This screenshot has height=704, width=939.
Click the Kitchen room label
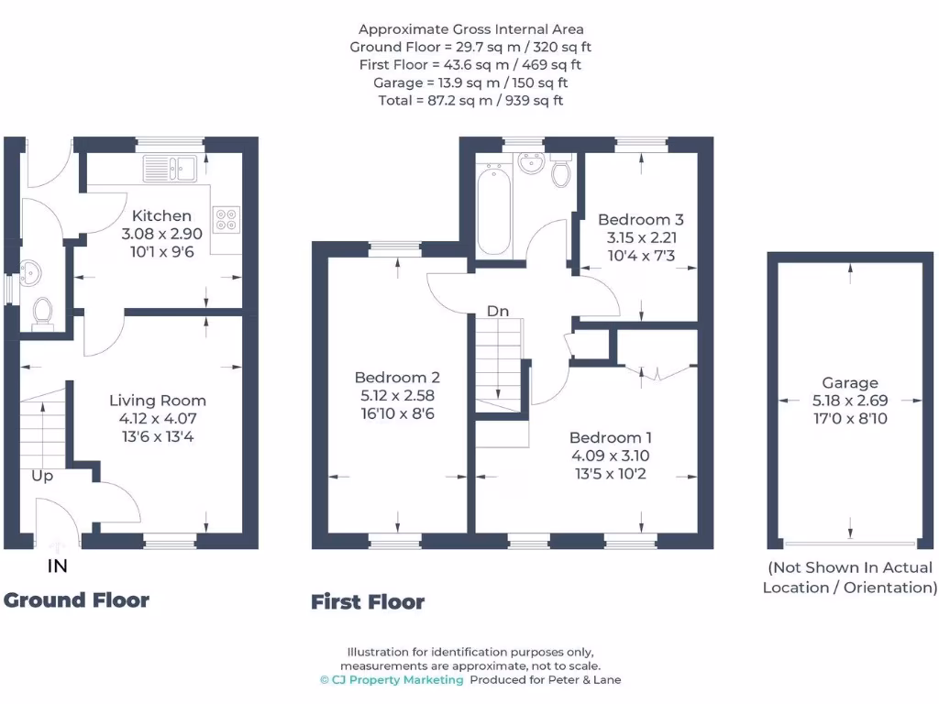tap(162, 216)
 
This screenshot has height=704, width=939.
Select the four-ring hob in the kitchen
tap(226, 220)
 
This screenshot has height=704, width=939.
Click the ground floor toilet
tap(42, 313)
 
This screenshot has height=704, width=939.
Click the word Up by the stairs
tap(42, 477)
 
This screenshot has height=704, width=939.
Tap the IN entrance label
tap(58, 566)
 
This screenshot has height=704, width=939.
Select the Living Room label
tap(158, 401)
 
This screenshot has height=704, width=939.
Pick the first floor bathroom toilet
tap(561, 171)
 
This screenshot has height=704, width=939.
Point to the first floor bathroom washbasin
tap(530, 164)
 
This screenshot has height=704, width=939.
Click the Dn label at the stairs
tap(497, 312)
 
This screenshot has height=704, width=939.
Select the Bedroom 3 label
tap(640, 220)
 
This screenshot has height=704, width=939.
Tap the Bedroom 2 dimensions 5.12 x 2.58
tap(397, 395)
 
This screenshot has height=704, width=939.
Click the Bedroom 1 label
tap(612, 437)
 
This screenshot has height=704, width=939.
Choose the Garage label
tap(849, 383)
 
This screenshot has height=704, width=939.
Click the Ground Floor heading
tap(76, 600)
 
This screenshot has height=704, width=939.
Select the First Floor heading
tap(368, 602)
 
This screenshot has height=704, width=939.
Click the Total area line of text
tap(470, 100)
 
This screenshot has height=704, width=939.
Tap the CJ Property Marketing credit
tap(392, 680)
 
